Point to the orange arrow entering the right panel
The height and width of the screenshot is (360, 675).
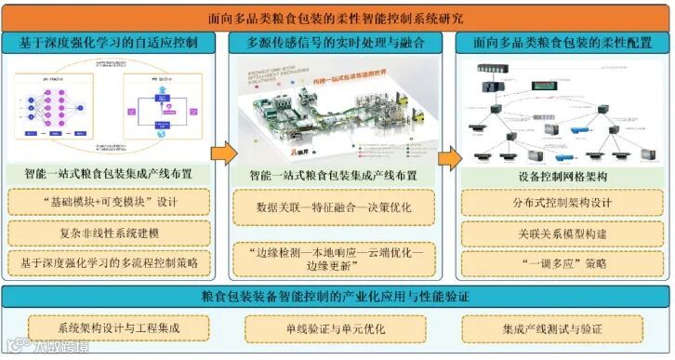click(x=449, y=154)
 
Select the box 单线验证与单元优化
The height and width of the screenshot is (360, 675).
click(x=336, y=328)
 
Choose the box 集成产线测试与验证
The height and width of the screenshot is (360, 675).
click(x=559, y=328)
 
